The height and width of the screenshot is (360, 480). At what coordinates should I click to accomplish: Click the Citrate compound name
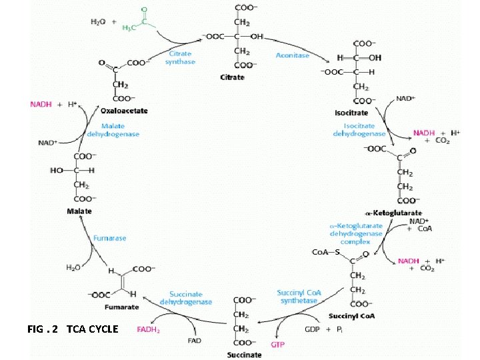232,77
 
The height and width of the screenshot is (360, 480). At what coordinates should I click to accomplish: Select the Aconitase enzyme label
293,55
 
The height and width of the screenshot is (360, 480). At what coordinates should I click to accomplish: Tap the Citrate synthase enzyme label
181,57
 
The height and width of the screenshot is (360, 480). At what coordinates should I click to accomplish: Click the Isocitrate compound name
351,113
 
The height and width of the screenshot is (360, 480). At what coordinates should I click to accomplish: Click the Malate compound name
79,211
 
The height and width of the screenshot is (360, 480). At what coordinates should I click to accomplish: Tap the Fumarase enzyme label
109,237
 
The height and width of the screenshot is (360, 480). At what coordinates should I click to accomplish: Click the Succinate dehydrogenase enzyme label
186,298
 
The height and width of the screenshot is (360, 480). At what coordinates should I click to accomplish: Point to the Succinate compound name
244,355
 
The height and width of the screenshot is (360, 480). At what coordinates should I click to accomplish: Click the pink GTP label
277,344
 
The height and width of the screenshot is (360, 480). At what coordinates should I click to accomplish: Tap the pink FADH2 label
148,329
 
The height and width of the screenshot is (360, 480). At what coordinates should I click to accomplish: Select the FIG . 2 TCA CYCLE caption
73,329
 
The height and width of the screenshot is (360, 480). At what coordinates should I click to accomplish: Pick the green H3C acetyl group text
131,27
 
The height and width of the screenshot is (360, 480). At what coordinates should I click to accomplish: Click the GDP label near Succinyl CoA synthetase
312,329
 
